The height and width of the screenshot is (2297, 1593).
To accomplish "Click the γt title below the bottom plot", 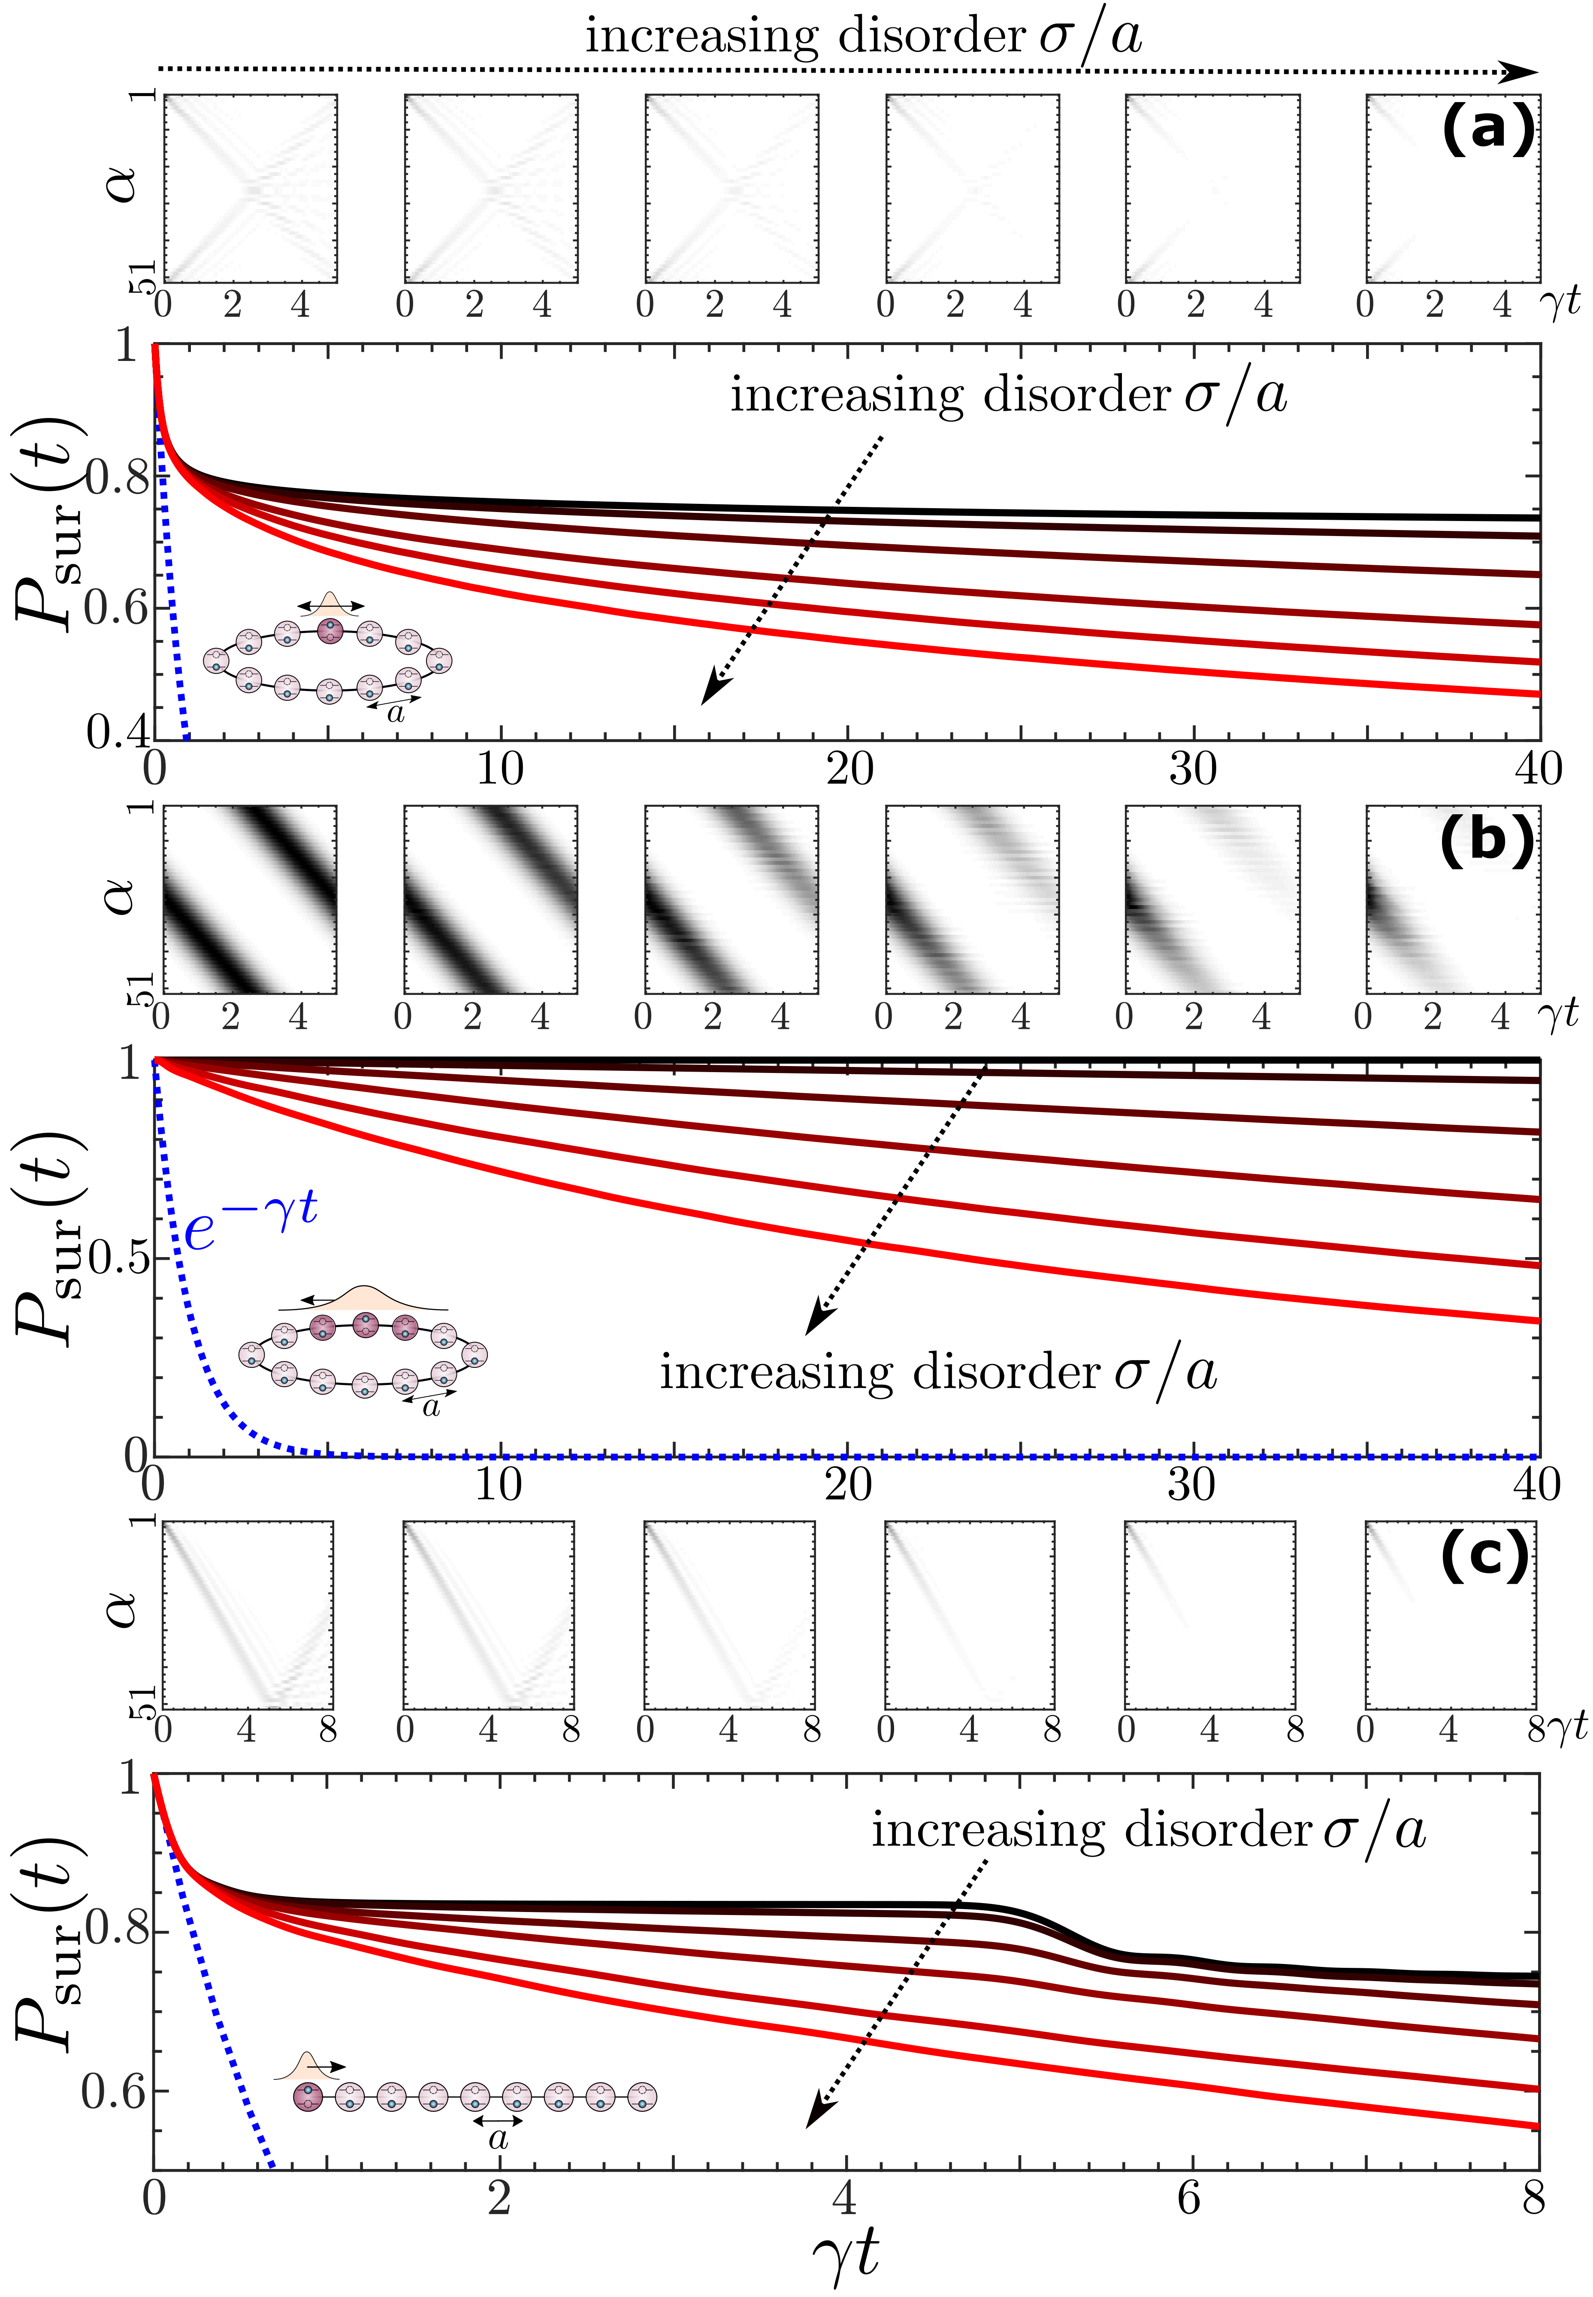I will click(846, 2251).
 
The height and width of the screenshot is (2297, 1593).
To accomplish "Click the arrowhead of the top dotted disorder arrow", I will click(1522, 72).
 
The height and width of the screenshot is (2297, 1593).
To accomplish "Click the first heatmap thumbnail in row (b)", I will click(250, 900).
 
